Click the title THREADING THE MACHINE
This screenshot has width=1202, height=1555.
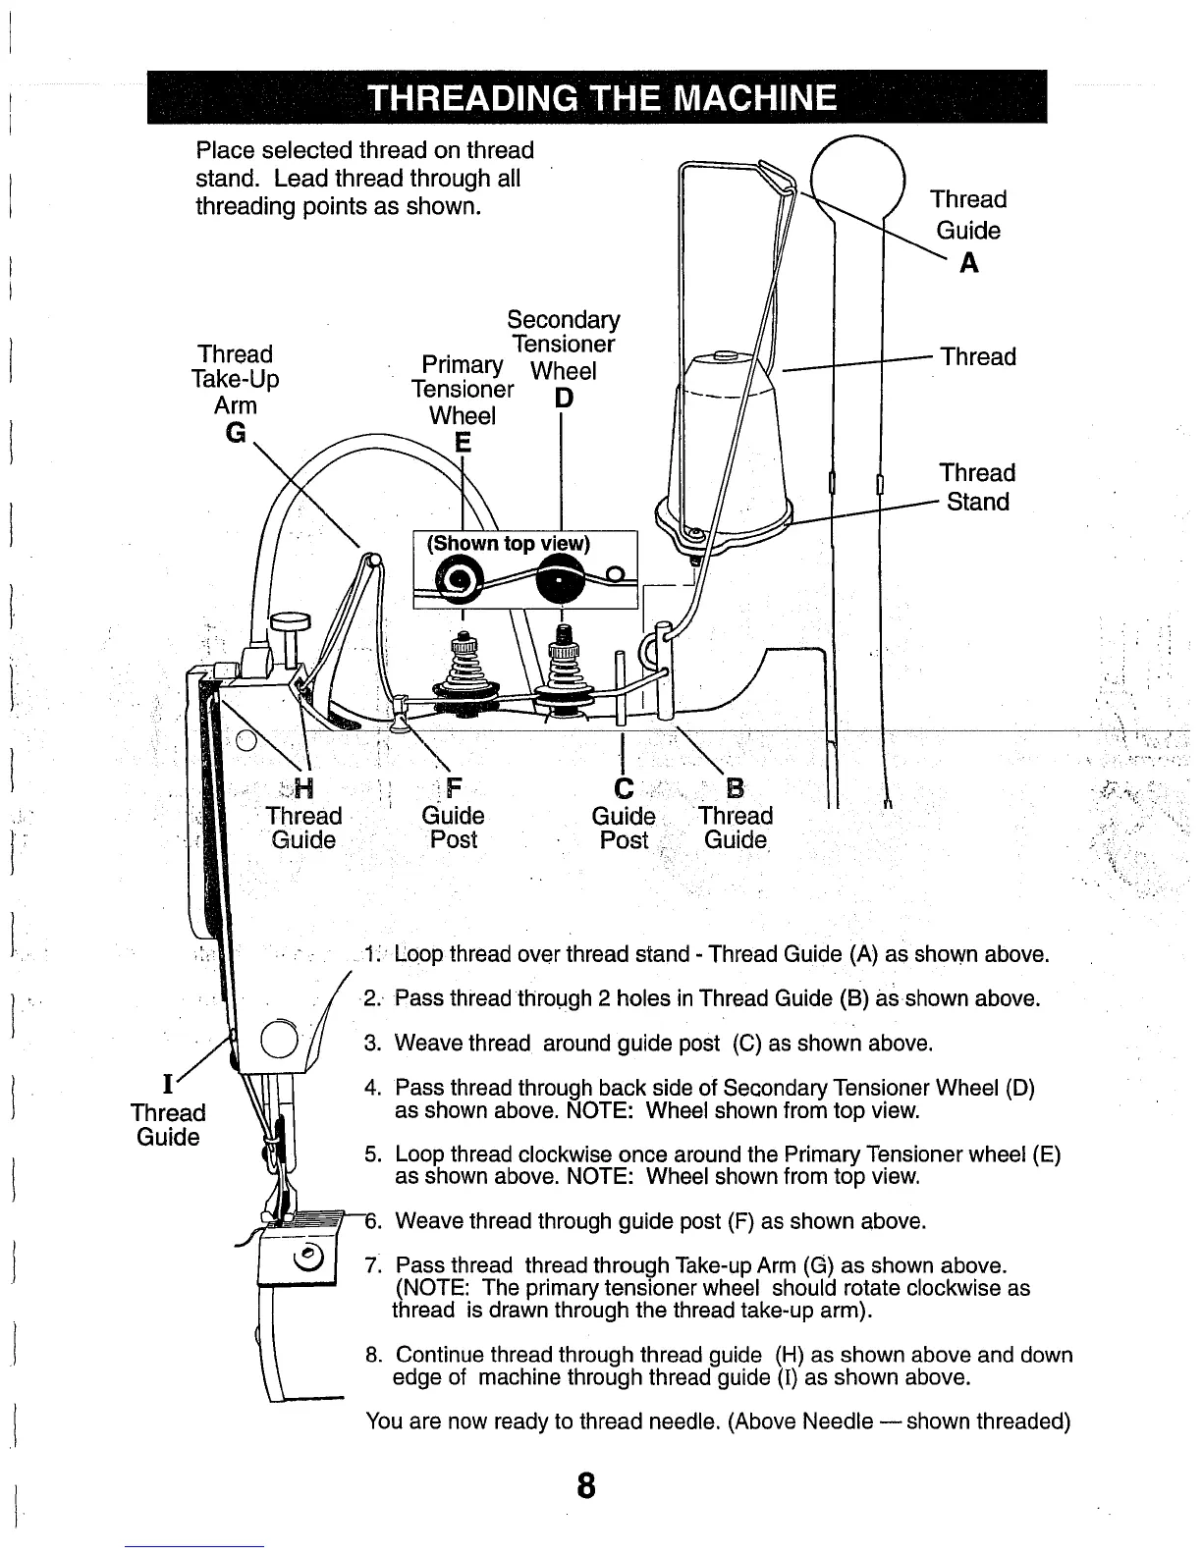click(x=602, y=99)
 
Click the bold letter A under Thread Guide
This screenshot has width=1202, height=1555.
click(x=968, y=263)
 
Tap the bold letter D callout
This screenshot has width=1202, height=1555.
click(x=563, y=399)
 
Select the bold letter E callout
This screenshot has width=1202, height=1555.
click(x=464, y=444)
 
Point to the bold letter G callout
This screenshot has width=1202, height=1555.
click(x=236, y=433)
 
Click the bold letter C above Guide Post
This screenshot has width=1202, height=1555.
click(x=623, y=787)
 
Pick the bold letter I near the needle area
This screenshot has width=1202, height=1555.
click(x=168, y=1085)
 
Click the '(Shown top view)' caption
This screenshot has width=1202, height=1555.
click(x=508, y=544)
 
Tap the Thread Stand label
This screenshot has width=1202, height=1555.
click(x=976, y=487)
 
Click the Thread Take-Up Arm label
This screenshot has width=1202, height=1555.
click(x=236, y=380)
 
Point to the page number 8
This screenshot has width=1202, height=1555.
click(x=585, y=1486)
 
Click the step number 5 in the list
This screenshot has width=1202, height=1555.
click(x=373, y=1154)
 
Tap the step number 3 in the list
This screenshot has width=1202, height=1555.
click(x=373, y=1043)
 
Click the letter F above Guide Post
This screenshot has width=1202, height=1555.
click(x=454, y=787)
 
